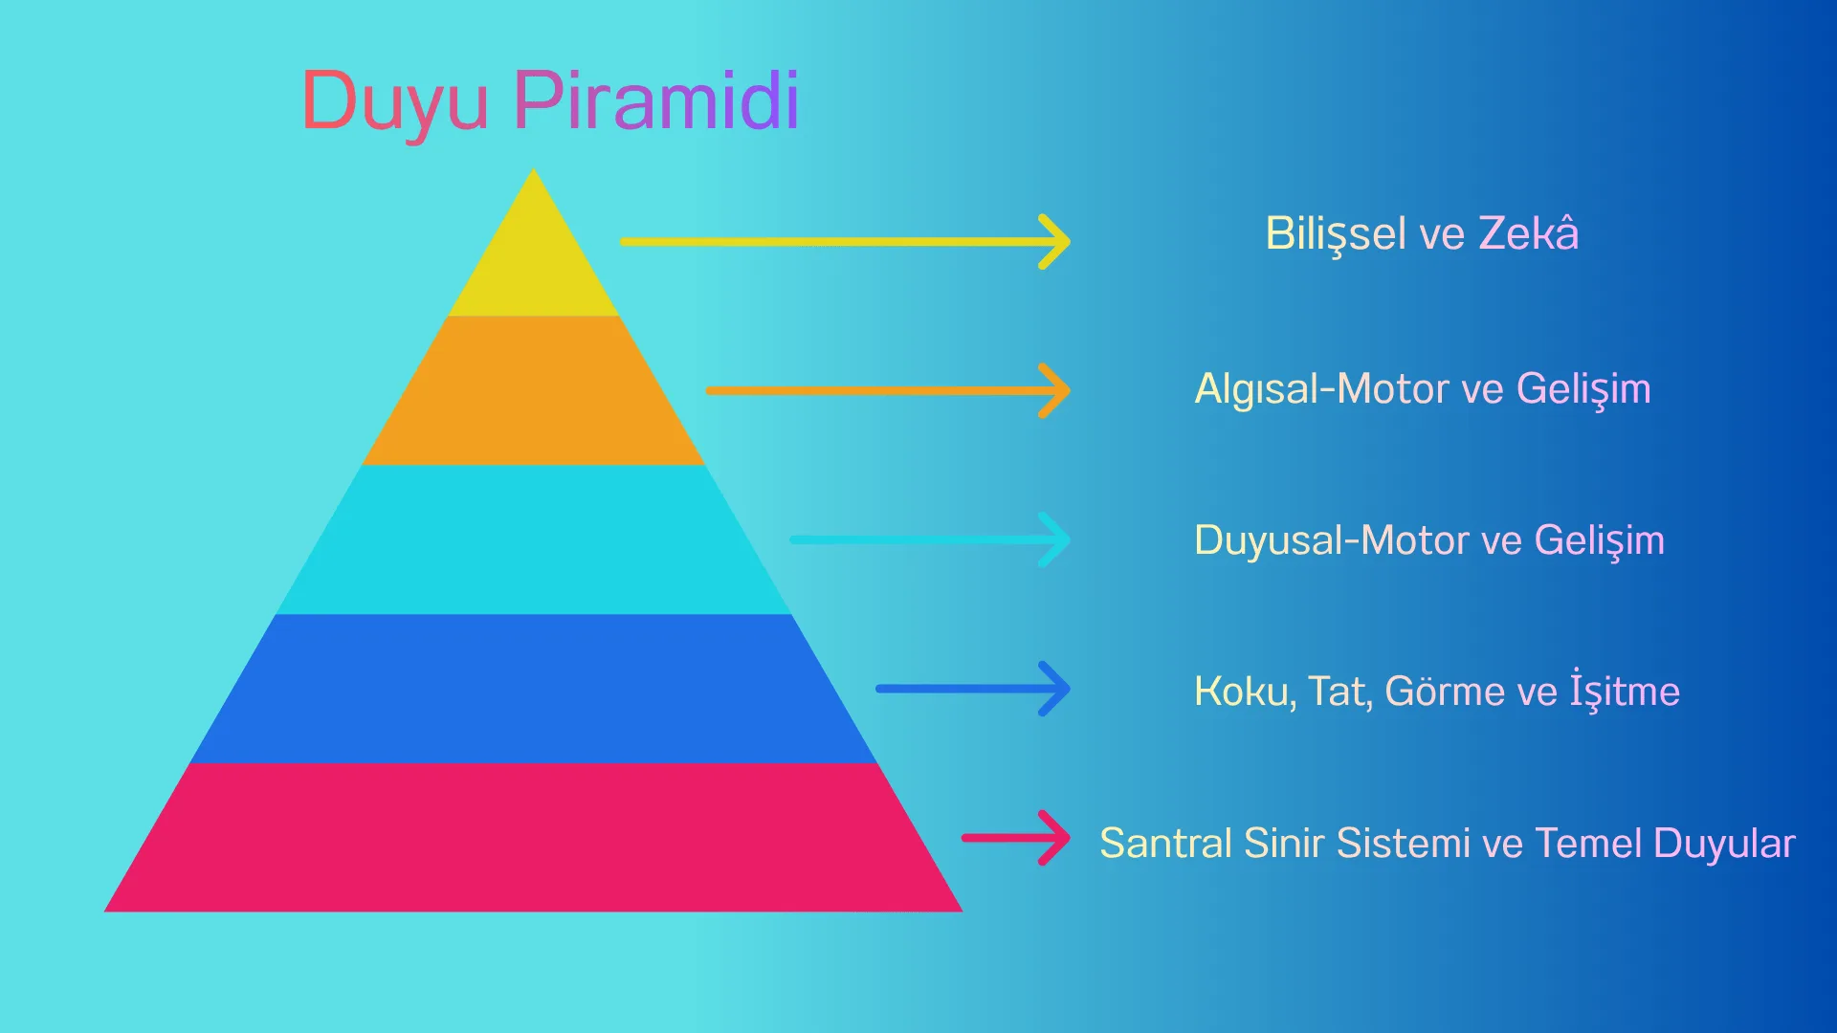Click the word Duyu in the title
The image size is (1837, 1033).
point(394,100)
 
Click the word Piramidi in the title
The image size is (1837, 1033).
point(655,100)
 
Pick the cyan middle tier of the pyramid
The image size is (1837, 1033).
point(534,539)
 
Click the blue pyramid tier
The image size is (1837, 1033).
point(534,689)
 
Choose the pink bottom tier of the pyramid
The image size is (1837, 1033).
point(534,838)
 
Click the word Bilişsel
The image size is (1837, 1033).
point(1336,234)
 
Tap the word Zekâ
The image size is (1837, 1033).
point(1528,234)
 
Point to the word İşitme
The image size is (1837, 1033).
point(1624,691)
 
